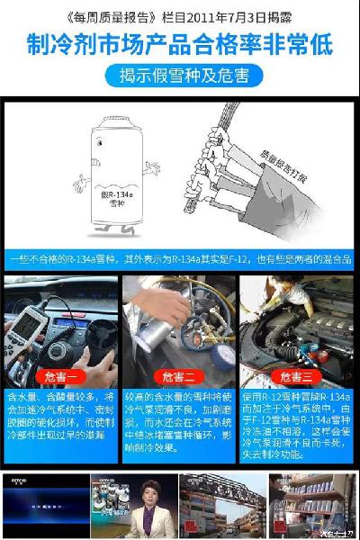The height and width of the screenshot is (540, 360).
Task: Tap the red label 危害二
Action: (179, 375)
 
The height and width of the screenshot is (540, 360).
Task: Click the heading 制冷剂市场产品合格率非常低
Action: (180, 42)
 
